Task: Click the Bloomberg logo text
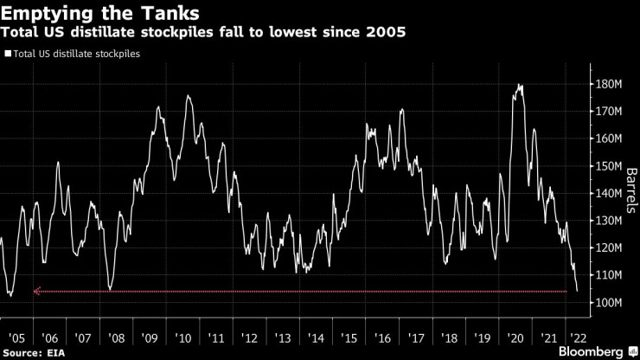coord(588,352)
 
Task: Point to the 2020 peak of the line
coord(519,85)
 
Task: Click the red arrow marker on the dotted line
coord(37,292)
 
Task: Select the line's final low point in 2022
coord(577,291)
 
